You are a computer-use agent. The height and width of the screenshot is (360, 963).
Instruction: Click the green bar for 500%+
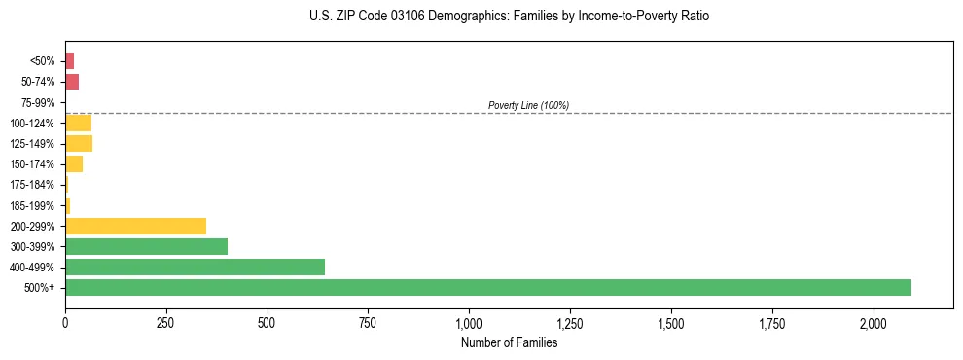click(487, 287)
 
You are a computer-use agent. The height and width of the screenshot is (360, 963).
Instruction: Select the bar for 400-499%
click(195, 267)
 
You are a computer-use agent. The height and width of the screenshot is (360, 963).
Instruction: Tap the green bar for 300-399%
click(146, 246)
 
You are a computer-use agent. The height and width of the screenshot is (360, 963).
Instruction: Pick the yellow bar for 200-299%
click(135, 226)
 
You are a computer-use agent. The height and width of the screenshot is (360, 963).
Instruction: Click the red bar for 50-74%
click(72, 81)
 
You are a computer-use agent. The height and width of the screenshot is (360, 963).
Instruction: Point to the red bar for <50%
click(69, 60)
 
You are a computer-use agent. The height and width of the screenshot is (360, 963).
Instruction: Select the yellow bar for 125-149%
click(79, 143)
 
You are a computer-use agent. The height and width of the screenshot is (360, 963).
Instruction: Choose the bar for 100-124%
click(78, 123)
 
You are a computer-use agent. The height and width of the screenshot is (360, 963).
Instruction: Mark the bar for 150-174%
click(74, 163)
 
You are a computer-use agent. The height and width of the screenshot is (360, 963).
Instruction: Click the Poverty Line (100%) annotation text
click(528, 105)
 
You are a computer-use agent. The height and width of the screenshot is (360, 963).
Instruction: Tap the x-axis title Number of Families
click(509, 342)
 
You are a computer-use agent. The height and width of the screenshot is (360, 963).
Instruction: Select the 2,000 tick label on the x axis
click(874, 323)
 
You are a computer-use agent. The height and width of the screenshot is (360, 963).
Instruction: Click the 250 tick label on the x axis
click(165, 323)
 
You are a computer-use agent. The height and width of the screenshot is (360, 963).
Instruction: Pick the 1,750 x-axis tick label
click(772, 323)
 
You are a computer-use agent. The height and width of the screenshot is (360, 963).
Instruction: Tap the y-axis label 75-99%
click(38, 102)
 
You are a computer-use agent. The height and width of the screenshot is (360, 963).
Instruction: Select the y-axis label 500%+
click(41, 288)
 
